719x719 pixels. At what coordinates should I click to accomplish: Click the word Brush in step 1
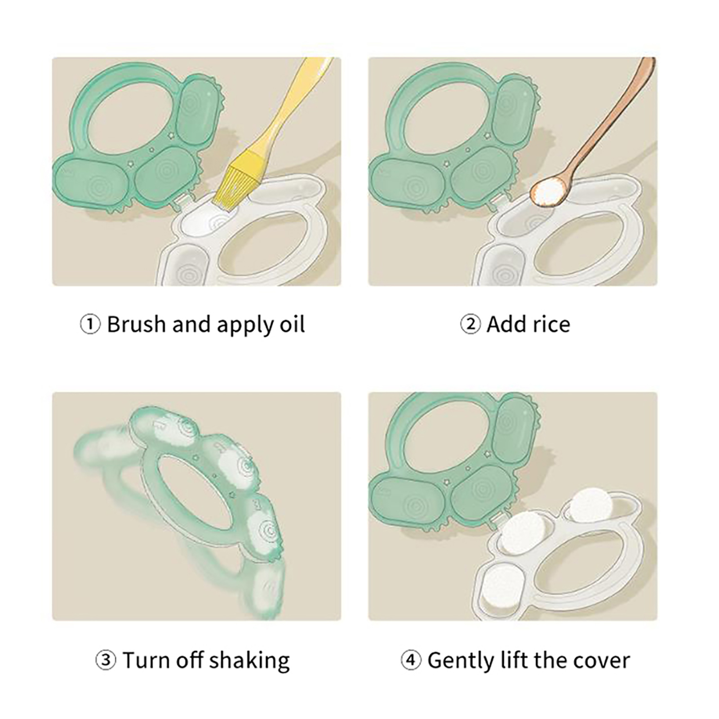pyautogui.click(x=136, y=324)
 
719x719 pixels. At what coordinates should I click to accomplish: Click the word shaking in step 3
pyautogui.click(x=249, y=661)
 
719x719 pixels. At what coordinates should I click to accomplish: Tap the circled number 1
pyautogui.click(x=90, y=324)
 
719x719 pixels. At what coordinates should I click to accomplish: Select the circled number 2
pyautogui.click(x=470, y=324)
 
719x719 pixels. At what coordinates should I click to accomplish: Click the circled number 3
pyautogui.click(x=106, y=661)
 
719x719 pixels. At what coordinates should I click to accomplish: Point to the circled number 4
pyautogui.click(x=410, y=661)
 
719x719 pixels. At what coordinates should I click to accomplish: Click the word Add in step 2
pyautogui.click(x=505, y=324)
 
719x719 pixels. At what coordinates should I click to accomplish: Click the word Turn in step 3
pyautogui.click(x=146, y=661)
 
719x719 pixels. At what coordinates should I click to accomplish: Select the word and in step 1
pyautogui.click(x=191, y=324)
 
